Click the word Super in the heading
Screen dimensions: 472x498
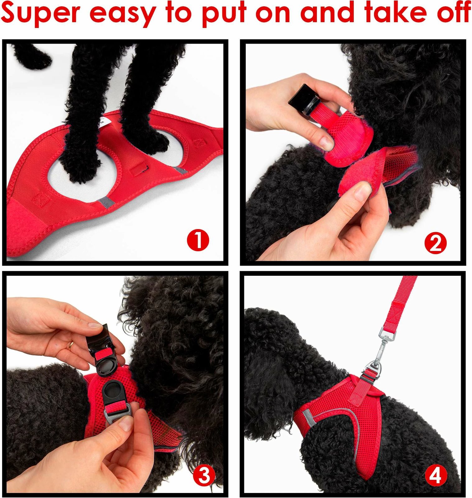click(x=41, y=13)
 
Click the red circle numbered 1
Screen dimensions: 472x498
click(x=198, y=240)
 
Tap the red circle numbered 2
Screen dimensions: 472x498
click(x=435, y=243)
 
